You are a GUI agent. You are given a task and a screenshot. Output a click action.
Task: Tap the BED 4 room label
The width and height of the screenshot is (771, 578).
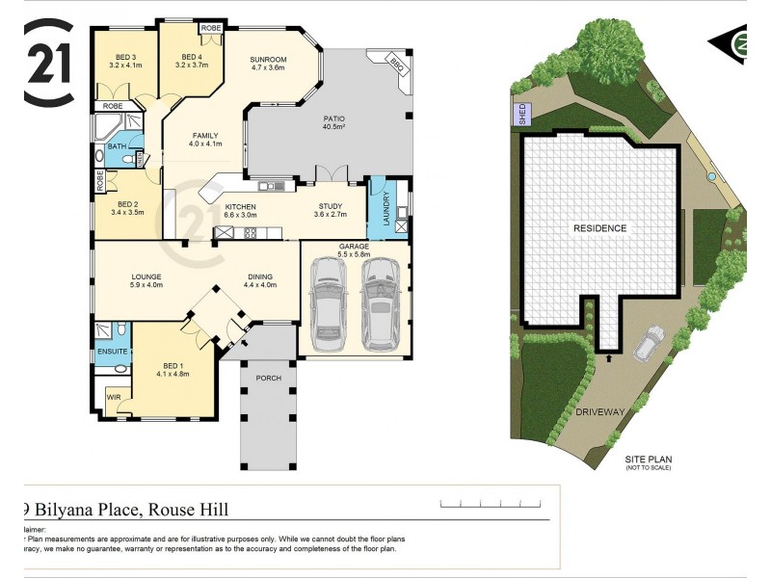pos(190,60)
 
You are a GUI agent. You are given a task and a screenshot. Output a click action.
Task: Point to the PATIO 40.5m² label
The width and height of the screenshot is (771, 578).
pos(334,122)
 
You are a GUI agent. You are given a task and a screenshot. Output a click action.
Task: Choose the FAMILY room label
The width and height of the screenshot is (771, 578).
pos(205,140)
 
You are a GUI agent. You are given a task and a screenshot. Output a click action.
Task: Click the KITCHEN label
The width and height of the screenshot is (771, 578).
pos(240,210)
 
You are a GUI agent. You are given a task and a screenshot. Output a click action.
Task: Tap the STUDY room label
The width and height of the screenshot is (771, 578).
pos(331,210)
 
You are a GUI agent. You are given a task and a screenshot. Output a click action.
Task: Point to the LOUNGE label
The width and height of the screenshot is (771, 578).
pos(146,279)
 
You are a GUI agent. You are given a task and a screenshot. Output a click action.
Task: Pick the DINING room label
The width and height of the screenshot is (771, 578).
pos(260,279)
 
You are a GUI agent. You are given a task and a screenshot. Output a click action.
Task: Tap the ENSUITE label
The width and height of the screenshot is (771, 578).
pos(111,353)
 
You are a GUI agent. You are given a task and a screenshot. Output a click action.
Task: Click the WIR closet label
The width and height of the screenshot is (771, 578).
pos(113,397)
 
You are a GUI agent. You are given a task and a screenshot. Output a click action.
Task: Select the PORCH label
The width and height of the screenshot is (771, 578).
pos(269,378)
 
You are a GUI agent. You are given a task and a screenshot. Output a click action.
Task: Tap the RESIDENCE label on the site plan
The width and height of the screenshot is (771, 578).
pos(600,228)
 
